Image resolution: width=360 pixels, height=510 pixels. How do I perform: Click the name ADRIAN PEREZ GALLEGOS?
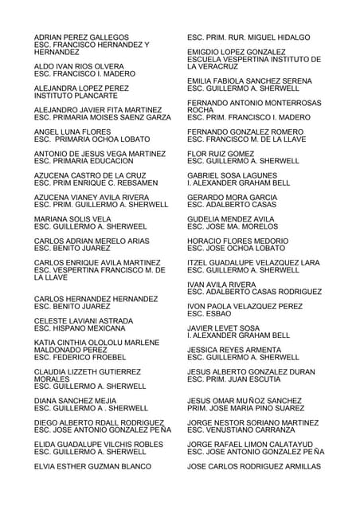coord(81,37)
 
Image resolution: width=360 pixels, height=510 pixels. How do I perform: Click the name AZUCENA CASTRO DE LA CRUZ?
coord(90,175)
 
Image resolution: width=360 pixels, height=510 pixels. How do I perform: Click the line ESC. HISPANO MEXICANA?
coord(80,328)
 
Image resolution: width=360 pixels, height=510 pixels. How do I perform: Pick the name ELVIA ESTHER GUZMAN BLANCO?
coord(92,466)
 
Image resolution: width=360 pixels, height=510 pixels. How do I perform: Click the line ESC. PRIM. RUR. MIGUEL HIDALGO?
coord(248,37)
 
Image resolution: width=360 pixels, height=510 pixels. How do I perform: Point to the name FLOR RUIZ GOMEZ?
coord(221,153)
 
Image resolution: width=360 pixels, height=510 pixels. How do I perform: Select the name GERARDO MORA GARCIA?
coord(232,197)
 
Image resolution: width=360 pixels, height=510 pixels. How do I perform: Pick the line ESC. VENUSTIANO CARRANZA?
coord(247,430)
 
